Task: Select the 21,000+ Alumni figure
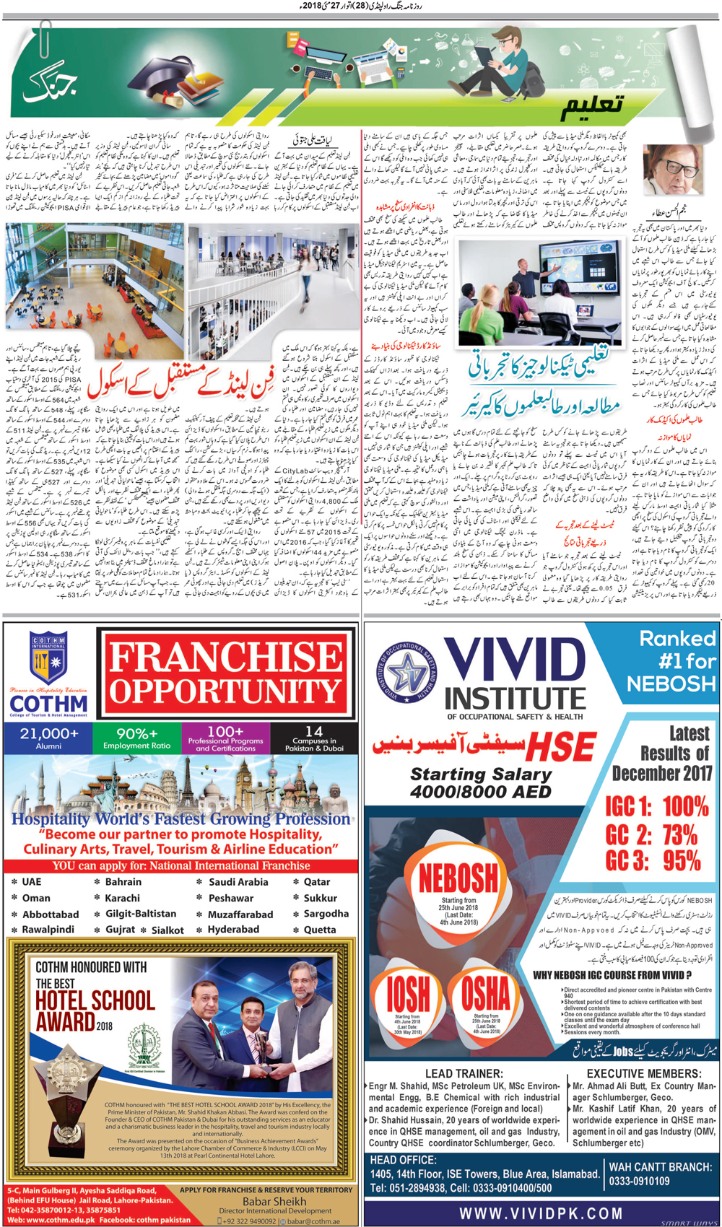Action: click(x=48, y=738)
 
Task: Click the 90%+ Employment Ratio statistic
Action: click(x=136, y=738)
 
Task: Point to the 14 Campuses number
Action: click(x=314, y=732)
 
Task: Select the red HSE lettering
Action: click(x=561, y=747)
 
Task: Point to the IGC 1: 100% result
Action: click(x=656, y=805)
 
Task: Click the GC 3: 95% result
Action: click(x=653, y=860)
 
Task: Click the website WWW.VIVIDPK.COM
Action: click(x=541, y=1213)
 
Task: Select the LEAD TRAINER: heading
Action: click(x=464, y=1073)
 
